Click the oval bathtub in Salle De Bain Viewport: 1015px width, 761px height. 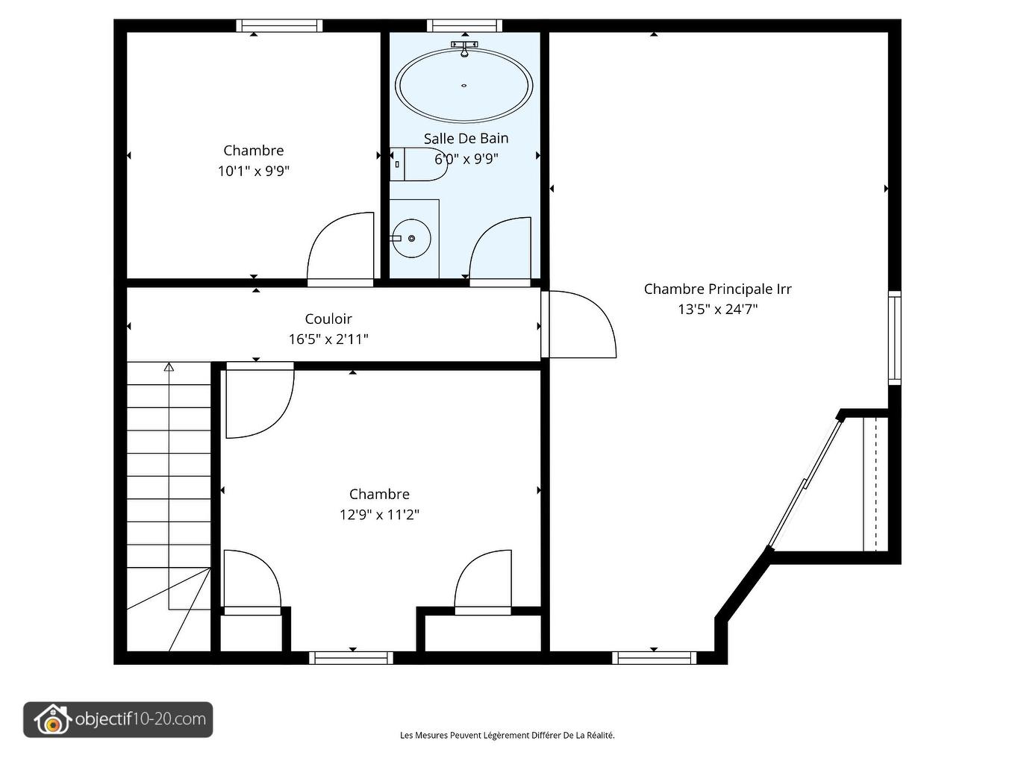point(463,86)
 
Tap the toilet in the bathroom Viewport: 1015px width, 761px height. point(419,164)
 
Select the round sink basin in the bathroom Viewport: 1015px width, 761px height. point(411,238)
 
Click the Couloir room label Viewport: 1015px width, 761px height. point(328,319)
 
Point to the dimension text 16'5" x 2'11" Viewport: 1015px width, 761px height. point(328,339)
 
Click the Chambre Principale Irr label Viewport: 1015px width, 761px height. point(718,289)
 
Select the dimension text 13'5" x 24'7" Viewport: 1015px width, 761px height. point(718,309)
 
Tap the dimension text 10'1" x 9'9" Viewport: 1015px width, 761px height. point(254,172)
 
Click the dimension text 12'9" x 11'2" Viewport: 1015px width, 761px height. point(379,515)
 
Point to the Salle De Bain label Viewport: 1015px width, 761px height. point(466,138)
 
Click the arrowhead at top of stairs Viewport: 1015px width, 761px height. point(169,367)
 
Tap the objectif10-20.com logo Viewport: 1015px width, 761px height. point(118,719)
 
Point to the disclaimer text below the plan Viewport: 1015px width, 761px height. point(507,735)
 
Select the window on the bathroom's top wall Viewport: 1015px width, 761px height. point(464,25)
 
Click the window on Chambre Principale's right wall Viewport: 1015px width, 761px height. point(895,338)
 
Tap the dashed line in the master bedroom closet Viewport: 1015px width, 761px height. point(875,484)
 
